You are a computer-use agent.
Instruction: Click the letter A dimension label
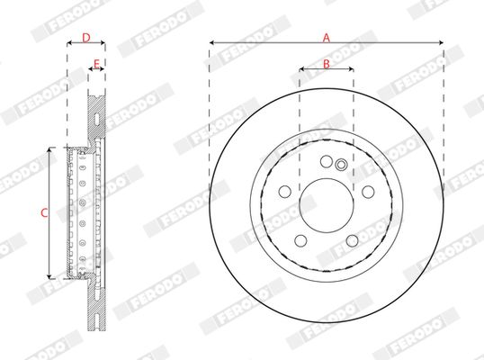[x=327, y=36]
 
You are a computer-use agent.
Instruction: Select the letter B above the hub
[x=327, y=62]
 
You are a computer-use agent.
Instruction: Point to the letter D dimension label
[x=85, y=37]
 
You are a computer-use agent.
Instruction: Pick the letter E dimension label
[x=96, y=62]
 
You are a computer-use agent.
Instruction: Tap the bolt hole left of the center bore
[x=284, y=191]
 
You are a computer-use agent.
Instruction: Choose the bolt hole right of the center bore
[x=368, y=191]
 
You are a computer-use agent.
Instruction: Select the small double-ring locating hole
[x=340, y=164]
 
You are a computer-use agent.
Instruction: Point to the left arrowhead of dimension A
[x=212, y=42]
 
